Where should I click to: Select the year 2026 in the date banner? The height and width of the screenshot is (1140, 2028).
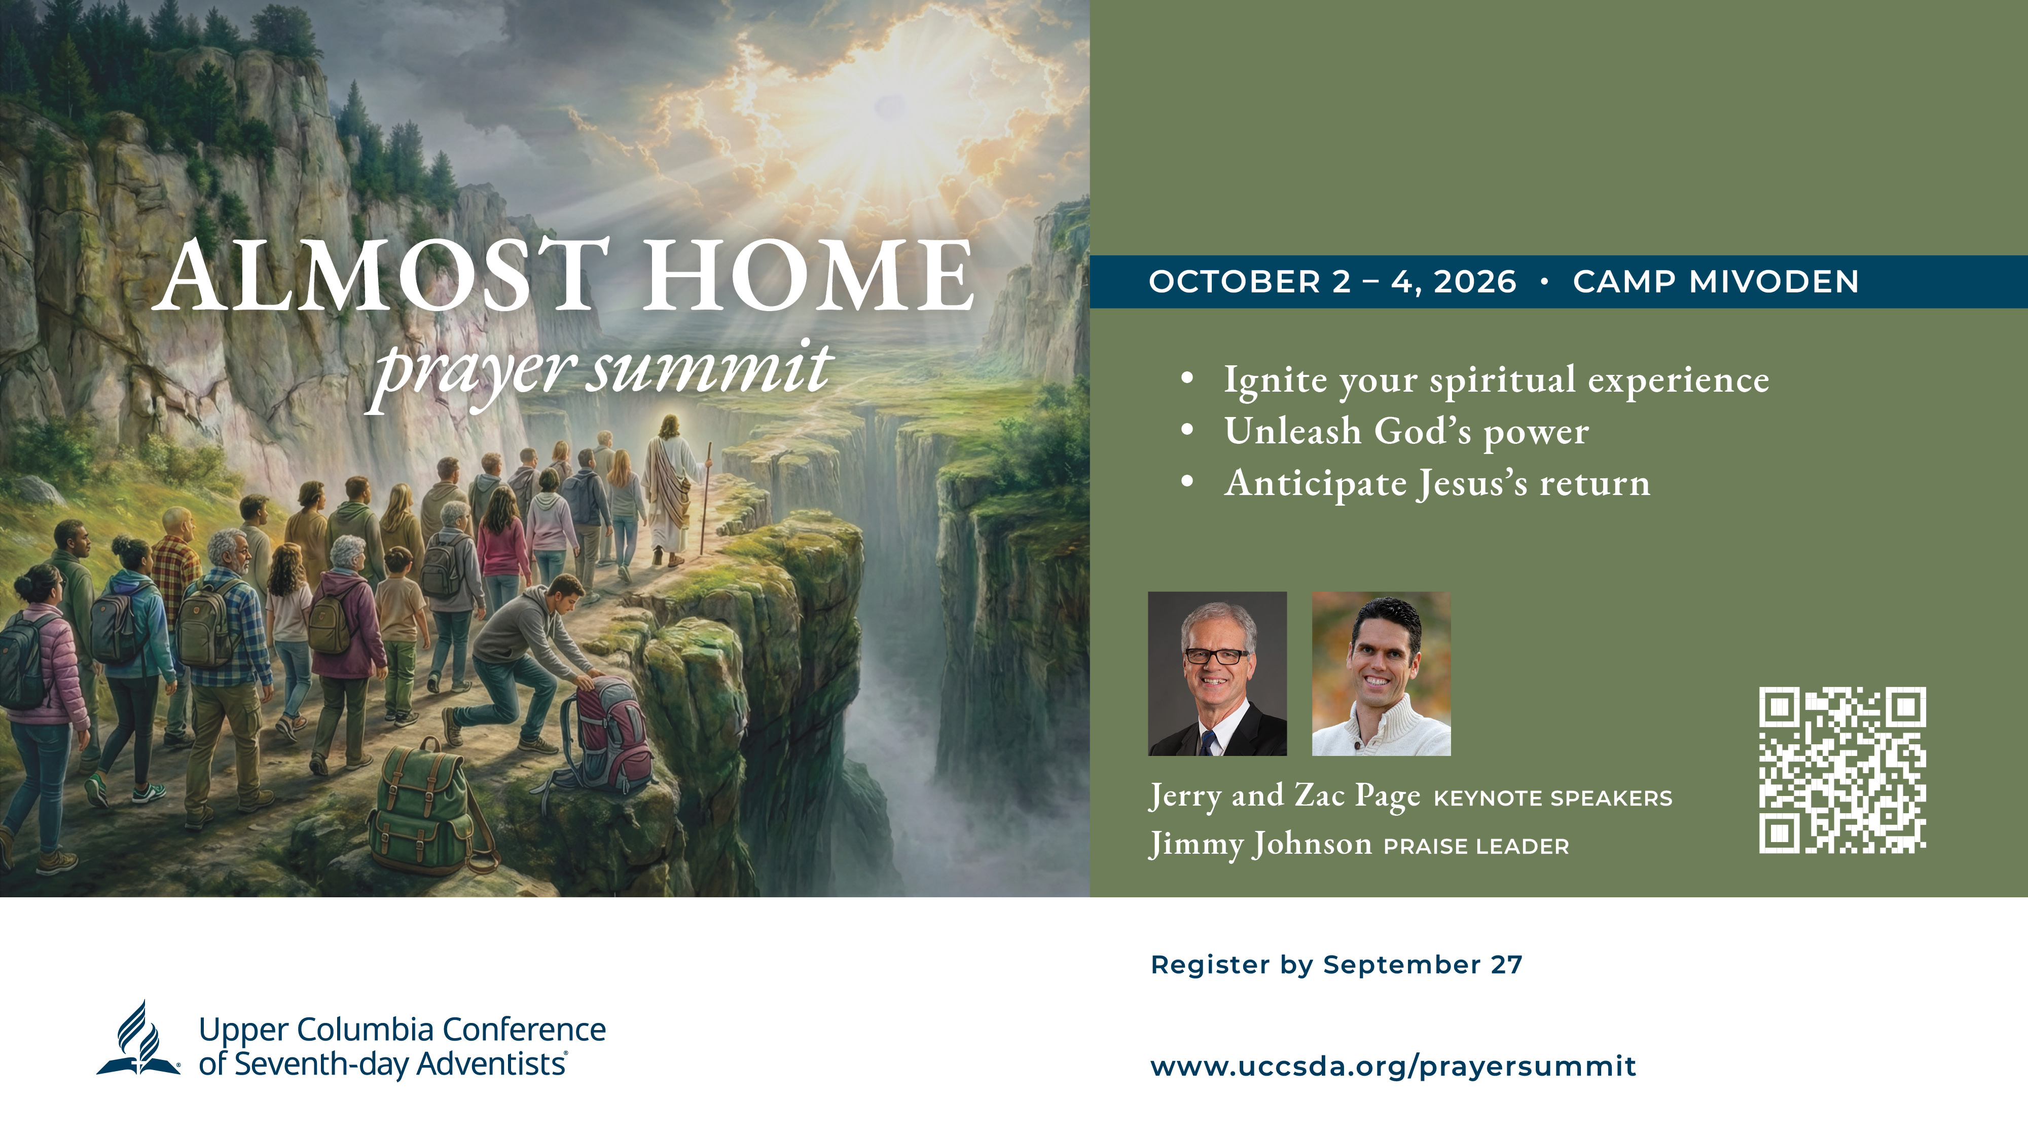click(1474, 282)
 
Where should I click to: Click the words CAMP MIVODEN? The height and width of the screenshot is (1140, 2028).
click(1716, 282)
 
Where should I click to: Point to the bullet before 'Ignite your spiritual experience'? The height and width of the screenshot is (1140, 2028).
click(1188, 378)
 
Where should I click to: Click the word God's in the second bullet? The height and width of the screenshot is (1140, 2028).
click(1423, 431)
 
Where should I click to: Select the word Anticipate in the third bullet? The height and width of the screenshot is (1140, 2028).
click(1316, 483)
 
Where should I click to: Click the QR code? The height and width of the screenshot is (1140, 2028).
click(1842, 770)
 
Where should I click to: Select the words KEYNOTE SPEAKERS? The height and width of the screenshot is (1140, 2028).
click(1552, 799)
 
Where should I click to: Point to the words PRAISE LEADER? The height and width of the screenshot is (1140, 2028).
click(1476, 847)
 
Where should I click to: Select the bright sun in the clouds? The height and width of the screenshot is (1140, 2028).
click(890, 106)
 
